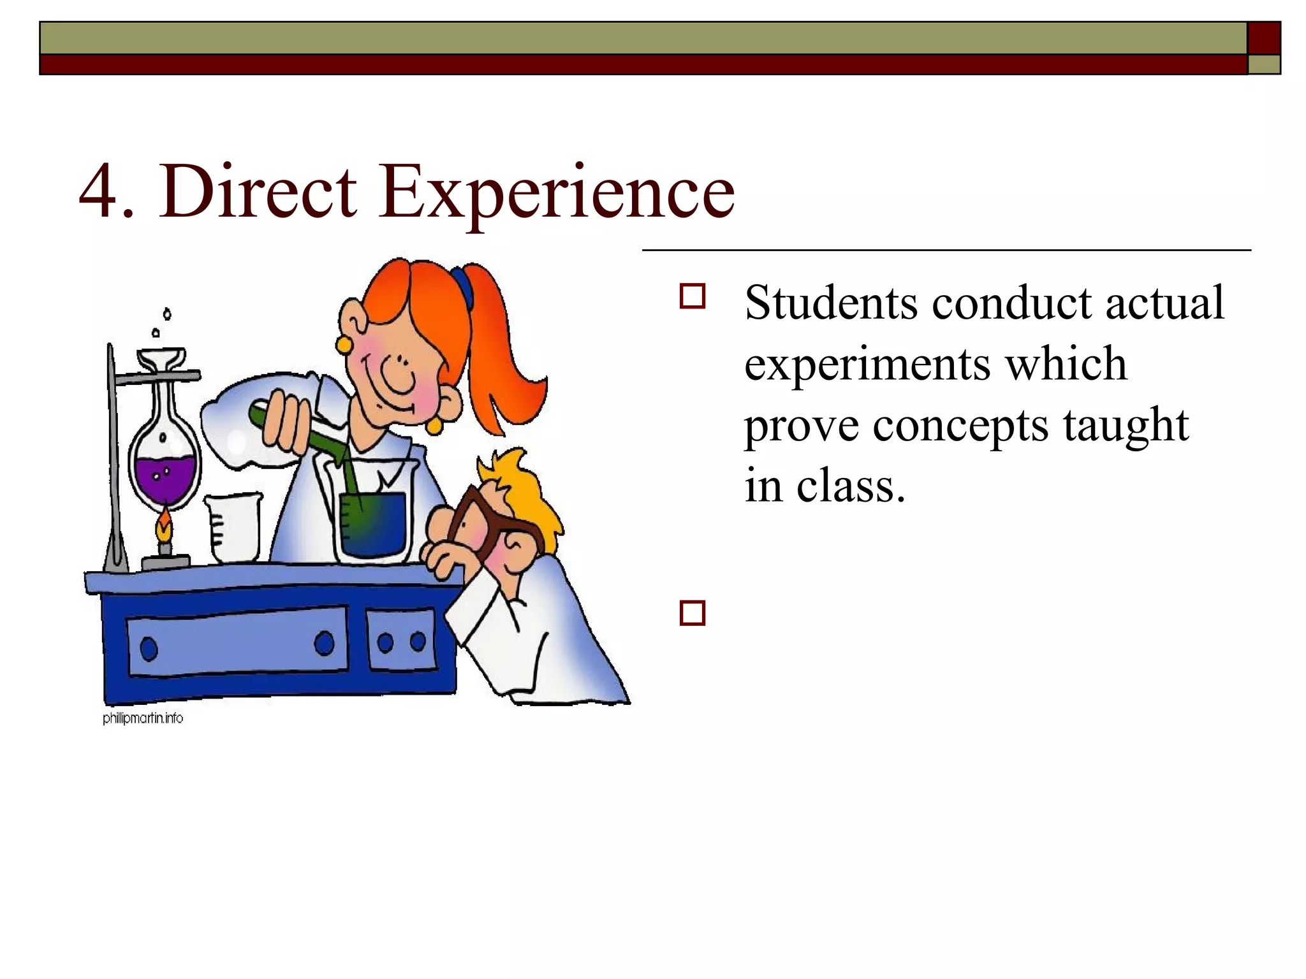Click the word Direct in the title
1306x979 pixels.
click(x=258, y=191)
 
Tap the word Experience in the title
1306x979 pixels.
click(x=556, y=191)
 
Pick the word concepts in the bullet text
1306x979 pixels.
click(x=960, y=426)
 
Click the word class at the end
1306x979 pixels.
click(x=851, y=486)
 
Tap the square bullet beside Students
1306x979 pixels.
click(x=693, y=297)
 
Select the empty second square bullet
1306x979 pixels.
click(x=693, y=613)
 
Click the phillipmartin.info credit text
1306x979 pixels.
click(x=143, y=718)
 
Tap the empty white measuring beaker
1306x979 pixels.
click(x=233, y=528)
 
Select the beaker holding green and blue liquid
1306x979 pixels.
click(x=373, y=519)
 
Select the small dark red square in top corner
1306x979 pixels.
click(x=1264, y=38)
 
